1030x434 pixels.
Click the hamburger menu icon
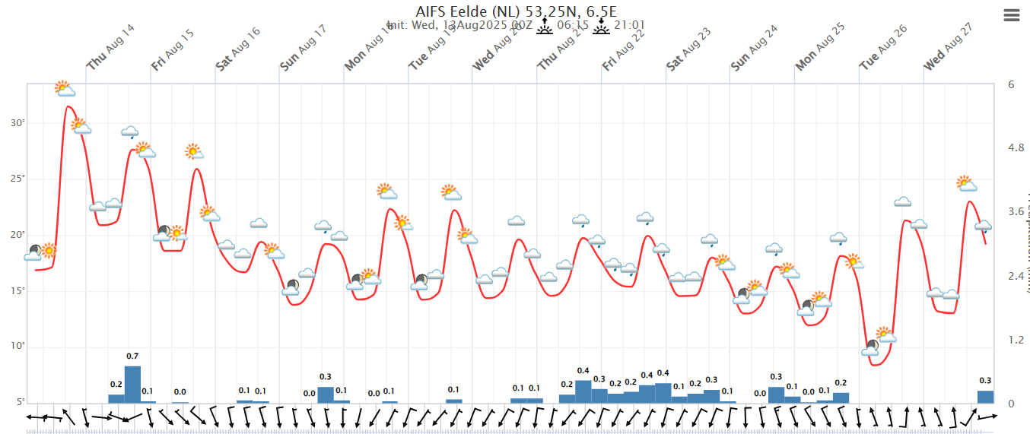[x=1011, y=15]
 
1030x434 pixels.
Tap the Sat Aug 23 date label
[x=688, y=49]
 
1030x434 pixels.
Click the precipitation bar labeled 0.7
[x=132, y=385]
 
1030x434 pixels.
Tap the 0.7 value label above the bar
[x=132, y=356]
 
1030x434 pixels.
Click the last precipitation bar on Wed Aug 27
[x=985, y=397]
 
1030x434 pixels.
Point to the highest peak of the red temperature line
[x=68, y=106]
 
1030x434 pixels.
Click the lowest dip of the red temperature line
[x=876, y=366]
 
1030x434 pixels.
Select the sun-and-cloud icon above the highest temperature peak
[x=65, y=89]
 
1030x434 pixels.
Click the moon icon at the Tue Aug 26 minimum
[x=871, y=348]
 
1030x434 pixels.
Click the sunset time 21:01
[x=629, y=25]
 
